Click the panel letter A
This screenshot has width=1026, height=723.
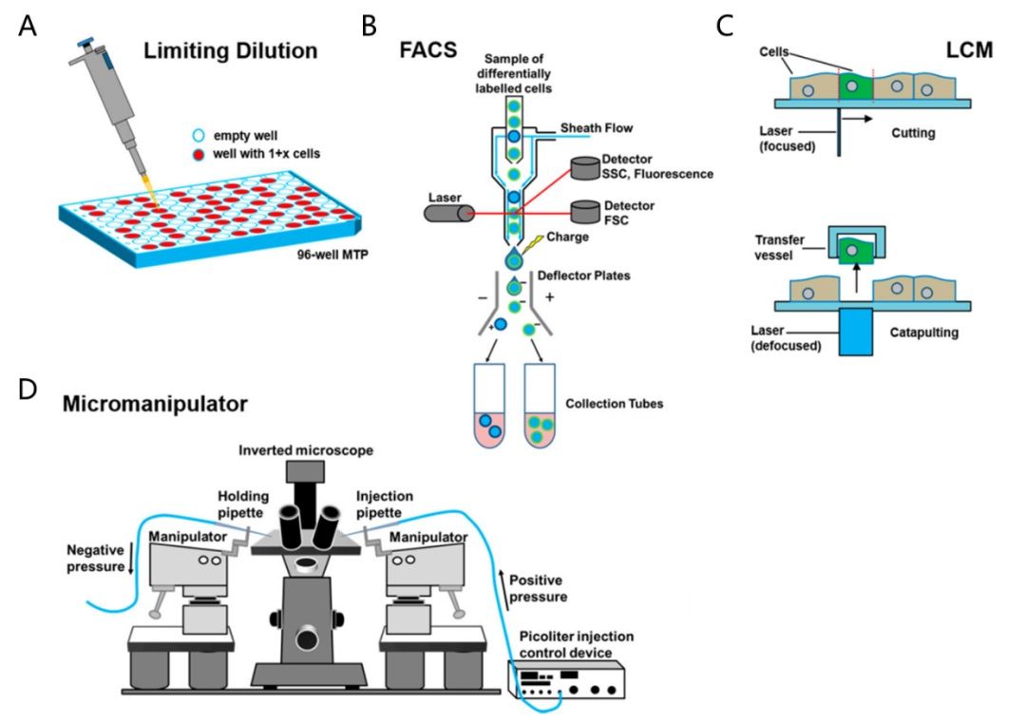tap(29, 26)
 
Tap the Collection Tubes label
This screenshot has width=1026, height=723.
tap(614, 404)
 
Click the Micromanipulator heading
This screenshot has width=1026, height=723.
tap(155, 404)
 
